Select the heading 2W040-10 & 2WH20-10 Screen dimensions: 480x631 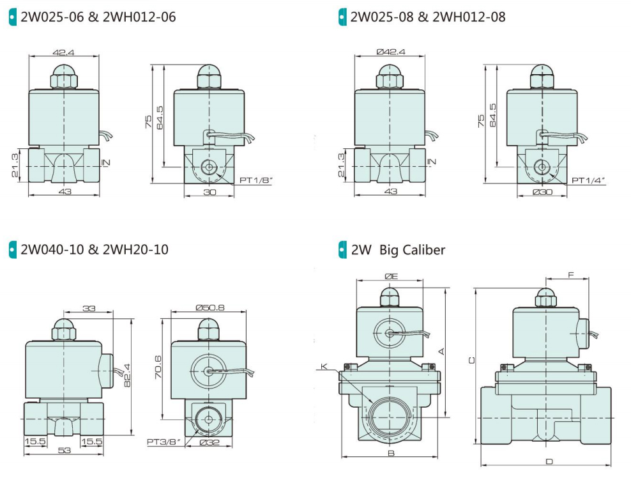pos(95,249)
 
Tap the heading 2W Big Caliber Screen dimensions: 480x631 pos(398,249)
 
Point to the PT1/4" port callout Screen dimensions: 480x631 pos(588,181)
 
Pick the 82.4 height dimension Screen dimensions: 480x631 pos(127,375)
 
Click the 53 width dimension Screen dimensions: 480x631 pos(64,451)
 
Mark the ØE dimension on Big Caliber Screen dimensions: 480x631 pos(391,276)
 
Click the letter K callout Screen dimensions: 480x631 pos(324,366)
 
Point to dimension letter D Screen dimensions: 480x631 pos(548,461)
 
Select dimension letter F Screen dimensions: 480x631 pos(570,275)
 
